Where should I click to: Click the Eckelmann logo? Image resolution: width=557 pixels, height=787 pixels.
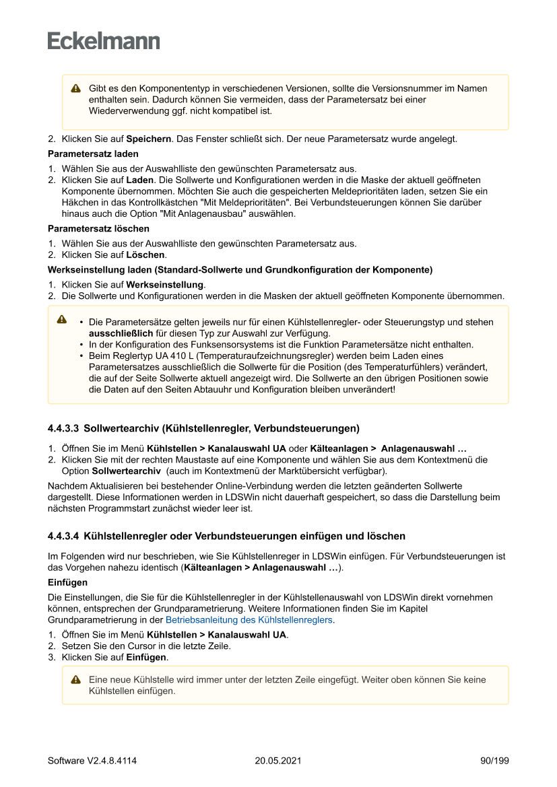[x=104, y=41]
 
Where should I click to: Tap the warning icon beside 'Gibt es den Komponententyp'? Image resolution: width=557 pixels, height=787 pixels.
[x=76, y=89]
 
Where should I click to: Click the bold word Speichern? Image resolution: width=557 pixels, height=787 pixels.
[x=148, y=139]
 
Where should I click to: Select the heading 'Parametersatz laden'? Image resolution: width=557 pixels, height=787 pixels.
[x=93, y=154]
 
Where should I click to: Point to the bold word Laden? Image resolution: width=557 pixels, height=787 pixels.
[x=140, y=180]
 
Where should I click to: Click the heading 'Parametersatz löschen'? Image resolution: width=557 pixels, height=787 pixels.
[x=98, y=229]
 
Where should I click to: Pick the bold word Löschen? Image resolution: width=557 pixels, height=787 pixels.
[x=145, y=255]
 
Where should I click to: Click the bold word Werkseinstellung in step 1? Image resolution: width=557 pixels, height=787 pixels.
[x=165, y=285]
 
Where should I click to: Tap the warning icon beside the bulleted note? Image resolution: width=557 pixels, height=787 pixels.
[x=62, y=319]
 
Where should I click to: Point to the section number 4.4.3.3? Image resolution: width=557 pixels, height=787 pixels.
[x=63, y=428]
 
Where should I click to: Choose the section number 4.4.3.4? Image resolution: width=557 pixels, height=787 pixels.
[x=63, y=537]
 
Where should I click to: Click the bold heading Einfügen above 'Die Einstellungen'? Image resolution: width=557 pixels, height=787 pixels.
[x=67, y=582]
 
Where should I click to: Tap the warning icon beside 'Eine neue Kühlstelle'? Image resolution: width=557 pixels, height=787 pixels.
[x=76, y=681]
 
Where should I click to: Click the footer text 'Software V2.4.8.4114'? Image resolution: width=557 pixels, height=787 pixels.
[x=92, y=761]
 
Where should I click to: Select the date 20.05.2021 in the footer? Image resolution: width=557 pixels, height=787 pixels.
[x=278, y=761]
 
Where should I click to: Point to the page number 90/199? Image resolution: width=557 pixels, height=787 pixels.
[x=494, y=761]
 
